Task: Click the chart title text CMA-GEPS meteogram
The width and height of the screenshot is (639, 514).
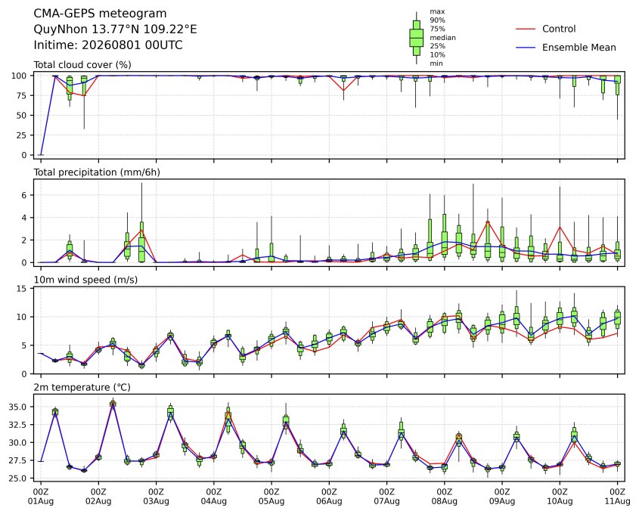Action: click(100, 14)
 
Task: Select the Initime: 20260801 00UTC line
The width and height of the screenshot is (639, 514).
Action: click(108, 45)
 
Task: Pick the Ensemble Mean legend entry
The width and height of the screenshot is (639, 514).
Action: click(566, 48)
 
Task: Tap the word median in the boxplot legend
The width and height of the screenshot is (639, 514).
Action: click(442, 38)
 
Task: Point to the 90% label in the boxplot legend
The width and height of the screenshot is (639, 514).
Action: click(437, 20)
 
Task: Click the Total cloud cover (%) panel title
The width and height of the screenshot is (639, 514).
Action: click(82, 65)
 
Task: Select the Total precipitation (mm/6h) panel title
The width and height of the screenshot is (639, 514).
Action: click(97, 172)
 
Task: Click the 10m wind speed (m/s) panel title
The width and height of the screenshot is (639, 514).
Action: click(85, 280)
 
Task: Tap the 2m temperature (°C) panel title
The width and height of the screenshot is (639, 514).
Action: click(82, 387)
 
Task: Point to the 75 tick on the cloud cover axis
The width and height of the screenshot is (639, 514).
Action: click(22, 96)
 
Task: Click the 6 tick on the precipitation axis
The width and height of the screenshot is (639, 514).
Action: click(24, 196)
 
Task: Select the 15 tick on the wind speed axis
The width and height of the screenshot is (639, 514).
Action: click(22, 289)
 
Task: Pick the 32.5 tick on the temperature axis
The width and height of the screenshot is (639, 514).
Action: click(17, 425)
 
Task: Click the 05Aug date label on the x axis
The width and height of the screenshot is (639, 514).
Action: click(271, 501)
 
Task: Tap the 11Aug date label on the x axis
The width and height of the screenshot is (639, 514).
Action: click(617, 501)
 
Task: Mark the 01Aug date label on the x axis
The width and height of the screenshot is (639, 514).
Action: click(40, 501)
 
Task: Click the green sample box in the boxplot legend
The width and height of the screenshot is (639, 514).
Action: click(417, 38)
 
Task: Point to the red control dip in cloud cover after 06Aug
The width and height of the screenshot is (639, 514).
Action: click(343, 90)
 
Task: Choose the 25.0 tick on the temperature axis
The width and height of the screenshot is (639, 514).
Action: click(17, 478)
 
